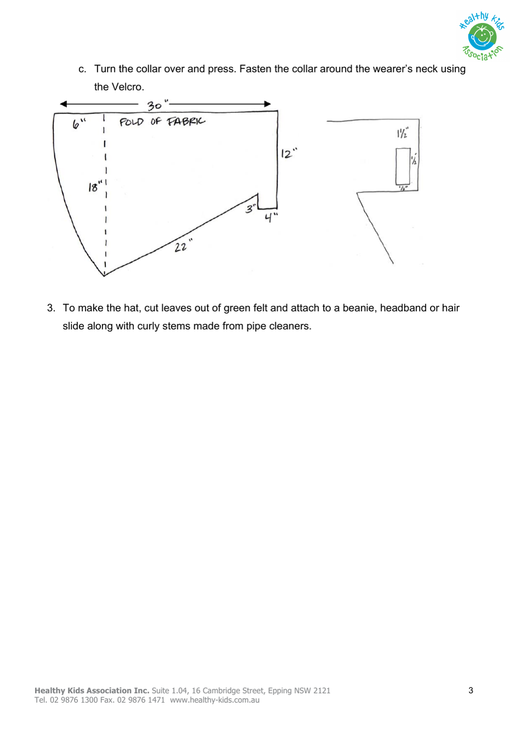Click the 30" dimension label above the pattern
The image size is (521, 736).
(x=156, y=105)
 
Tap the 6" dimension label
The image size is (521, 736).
(x=78, y=125)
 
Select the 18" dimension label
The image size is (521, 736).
(x=95, y=187)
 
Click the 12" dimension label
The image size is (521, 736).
(x=288, y=153)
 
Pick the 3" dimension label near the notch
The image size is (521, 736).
(x=251, y=208)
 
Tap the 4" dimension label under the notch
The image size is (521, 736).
(x=270, y=218)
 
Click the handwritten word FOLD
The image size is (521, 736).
(x=132, y=122)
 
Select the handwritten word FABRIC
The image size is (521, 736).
(x=186, y=121)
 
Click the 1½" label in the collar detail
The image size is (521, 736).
(x=402, y=133)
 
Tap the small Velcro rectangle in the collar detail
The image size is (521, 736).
(x=403, y=166)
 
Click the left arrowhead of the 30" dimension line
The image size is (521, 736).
(x=63, y=104)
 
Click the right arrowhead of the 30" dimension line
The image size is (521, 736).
(x=268, y=104)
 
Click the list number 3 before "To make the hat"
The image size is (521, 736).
(x=50, y=308)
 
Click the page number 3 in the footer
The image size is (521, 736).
(x=471, y=690)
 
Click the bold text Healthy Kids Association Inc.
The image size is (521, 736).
(x=92, y=691)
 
